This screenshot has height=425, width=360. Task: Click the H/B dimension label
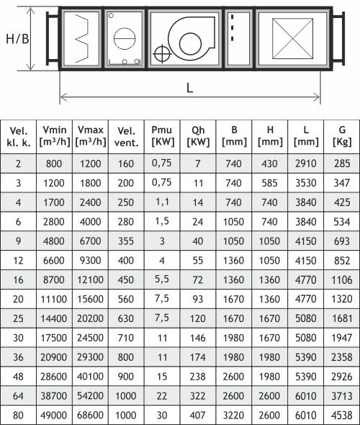(x=17, y=39)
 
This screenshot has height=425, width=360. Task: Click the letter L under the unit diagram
(x=189, y=88)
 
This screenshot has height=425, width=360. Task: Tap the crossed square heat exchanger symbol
(x=292, y=38)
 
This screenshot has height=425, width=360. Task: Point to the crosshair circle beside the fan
(x=162, y=54)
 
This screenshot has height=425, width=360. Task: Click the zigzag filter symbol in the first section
(x=82, y=38)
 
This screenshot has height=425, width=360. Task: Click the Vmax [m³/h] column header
(x=91, y=136)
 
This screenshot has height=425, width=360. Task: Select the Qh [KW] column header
(x=198, y=136)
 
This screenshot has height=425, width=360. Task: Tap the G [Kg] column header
(x=342, y=136)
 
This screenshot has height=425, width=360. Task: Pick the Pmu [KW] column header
(x=162, y=136)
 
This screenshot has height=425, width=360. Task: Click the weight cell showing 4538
(x=342, y=415)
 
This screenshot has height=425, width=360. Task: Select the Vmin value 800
(x=54, y=164)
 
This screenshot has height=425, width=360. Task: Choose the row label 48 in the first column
(x=18, y=377)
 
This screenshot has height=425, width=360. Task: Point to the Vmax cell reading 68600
(x=90, y=415)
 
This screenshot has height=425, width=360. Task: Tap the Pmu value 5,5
(x=162, y=279)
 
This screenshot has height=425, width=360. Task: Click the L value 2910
(x=306, y=164)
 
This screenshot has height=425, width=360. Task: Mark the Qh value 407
(x=198, y=415)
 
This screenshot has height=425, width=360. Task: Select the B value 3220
(x=233, y=415)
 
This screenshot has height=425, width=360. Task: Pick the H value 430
(x=269, y=164)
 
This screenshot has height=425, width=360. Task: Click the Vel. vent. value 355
(x=126, y=241)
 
